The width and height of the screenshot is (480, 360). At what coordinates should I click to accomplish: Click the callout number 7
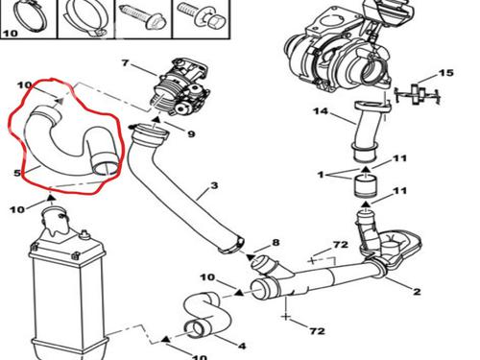click(125, 63)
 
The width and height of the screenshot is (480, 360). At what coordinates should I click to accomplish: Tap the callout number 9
click(191, 133)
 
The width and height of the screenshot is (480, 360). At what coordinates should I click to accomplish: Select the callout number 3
click(214, 185)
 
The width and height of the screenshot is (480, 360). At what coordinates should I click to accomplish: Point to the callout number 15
click(446, 73)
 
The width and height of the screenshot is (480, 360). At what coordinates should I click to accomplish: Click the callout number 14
click(321, 111)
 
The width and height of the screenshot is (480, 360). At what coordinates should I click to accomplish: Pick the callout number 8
click(276, 243)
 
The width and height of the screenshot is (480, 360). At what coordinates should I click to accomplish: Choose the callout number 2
click(417, 291)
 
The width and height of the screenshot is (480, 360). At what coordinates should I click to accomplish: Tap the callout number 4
click(242, 346)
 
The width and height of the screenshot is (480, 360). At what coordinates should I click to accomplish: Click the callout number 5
click(17, 173)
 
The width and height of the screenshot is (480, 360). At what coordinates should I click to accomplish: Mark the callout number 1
click(321, 175)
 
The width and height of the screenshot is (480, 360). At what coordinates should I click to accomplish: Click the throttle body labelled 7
click(180, 87)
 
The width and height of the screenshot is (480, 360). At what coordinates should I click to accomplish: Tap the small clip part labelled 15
click(418, 94)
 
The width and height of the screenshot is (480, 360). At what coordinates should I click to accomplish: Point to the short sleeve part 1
click(365, 186)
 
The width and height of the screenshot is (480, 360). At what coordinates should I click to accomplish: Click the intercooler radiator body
click(68, 288)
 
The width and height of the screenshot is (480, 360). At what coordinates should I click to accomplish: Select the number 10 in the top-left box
click(10, 33)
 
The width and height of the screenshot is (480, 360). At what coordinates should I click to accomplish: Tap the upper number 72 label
click(340, 245)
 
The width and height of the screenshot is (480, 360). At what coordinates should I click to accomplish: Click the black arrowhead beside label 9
click(156, 120)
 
